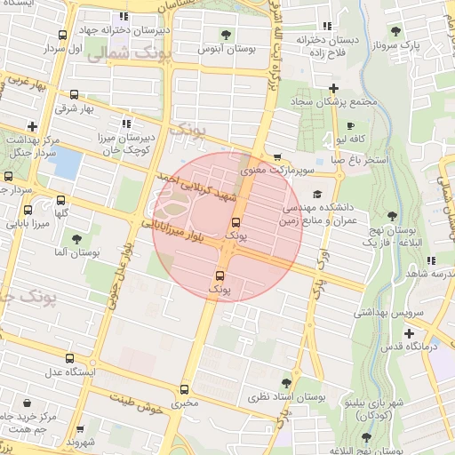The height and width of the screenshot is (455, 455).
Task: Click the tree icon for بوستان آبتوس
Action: [225, 35]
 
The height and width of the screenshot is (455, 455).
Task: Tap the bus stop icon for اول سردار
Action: [61, 36]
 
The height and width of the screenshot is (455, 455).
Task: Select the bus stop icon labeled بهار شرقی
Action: [73, 94]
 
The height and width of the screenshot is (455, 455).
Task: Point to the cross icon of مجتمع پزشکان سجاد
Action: [333, 88]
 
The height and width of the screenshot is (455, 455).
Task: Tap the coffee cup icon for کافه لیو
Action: [350, 126]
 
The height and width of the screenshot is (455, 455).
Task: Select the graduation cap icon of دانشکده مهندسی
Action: [317, 195]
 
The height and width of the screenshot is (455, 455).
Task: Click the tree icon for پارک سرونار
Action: [411, 28]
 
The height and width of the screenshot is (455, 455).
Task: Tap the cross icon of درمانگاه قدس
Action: [409, 334]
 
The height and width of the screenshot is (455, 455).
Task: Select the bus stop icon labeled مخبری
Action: [185, 389]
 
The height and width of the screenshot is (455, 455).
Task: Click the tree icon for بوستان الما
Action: [77, 239]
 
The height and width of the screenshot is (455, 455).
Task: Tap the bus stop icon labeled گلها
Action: [60, 200]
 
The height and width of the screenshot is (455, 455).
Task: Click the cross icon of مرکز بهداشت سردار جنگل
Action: [33, 126]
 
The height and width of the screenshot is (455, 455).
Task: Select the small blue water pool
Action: [68, 164]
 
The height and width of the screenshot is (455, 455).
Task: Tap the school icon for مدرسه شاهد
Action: [431, 260]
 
